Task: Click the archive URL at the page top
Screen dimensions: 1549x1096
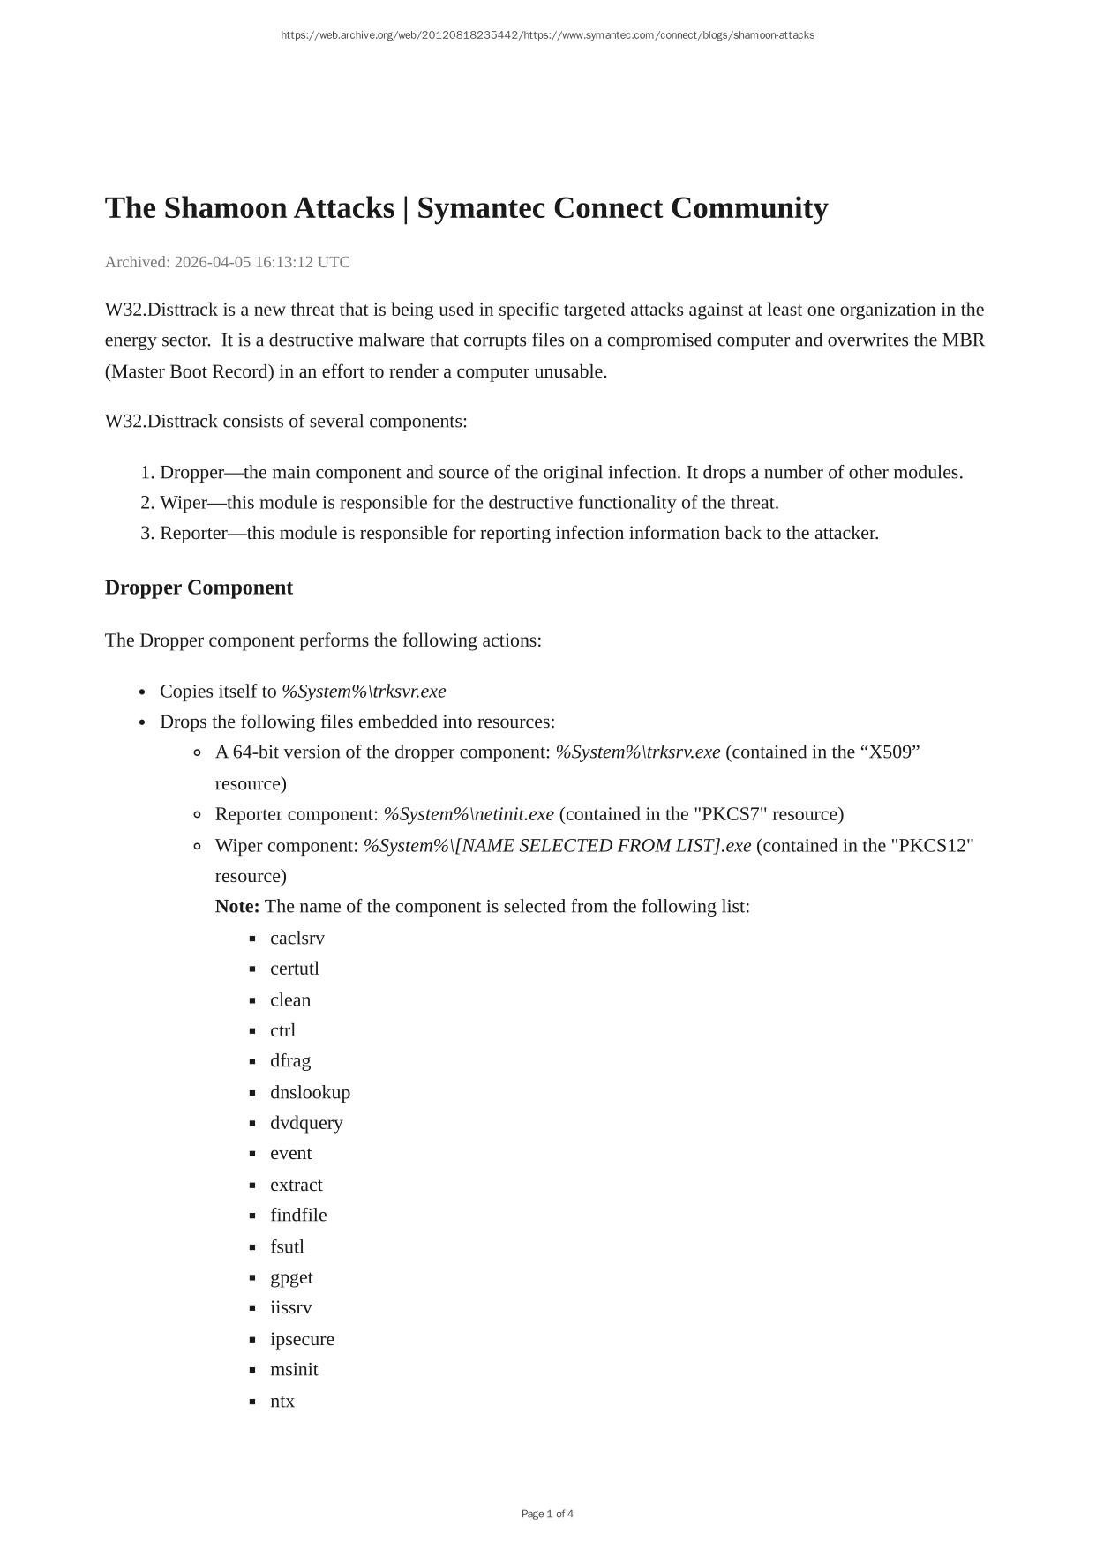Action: [547, 35]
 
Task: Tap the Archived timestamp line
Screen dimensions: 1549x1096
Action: [228, 262]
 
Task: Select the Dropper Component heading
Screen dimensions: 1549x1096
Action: [199, 587]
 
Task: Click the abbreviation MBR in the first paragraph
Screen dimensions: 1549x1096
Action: [963, 340]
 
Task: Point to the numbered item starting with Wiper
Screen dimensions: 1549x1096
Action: [469, 503]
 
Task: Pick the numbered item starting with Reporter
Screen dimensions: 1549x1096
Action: [519, 533]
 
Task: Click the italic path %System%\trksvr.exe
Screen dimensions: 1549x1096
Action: [364, 692]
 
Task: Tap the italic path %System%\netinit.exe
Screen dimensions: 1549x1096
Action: [469, 814]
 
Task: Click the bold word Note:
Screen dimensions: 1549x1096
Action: [237, 907]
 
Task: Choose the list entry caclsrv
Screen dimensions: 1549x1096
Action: [297, 938]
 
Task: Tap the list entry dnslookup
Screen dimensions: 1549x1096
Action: [310, 1092]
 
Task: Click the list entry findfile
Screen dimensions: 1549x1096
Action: [298, 1215]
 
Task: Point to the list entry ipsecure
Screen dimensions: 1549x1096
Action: [302, 1339]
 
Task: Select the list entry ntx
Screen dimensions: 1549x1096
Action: [282, 1401]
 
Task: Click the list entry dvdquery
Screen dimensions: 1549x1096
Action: [306, 1123]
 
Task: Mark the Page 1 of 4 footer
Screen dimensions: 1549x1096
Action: [547, 1514]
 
